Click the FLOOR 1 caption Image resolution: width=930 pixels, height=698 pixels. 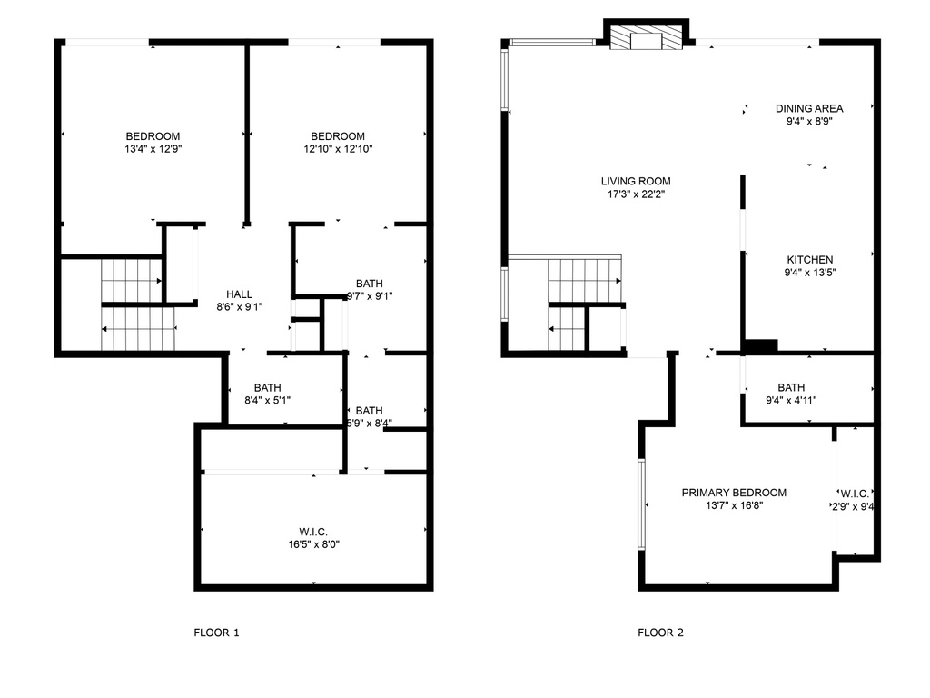tap(216, 633)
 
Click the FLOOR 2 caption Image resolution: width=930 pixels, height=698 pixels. tap(660, 633)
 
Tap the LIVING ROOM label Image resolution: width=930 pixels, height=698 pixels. tap(635, 181)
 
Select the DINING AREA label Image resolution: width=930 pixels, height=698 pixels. tap(808, 108)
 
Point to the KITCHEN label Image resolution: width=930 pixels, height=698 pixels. tap(809, 260)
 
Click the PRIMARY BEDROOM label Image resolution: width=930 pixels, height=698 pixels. tap(734, 493)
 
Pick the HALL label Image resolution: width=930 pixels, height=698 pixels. tap(239, 294)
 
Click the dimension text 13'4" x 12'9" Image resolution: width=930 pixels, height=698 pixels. tap(153, 148)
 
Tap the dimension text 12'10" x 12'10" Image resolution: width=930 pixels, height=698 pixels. tap(338, 148)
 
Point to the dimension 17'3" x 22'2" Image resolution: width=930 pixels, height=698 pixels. tap(635, 194)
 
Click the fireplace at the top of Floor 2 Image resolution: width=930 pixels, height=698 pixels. tap(646, 38)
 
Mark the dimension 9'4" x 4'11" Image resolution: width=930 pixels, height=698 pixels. tap(791, 399)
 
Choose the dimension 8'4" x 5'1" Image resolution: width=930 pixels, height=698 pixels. tap(267, 399)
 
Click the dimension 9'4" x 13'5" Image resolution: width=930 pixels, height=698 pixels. tap(809, 272)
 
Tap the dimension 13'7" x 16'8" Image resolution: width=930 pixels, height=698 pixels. tap(734, 505)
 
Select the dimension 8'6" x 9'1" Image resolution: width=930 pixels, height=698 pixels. tap(239, 306)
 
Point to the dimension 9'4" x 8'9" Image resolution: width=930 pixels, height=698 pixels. tap(808, 120)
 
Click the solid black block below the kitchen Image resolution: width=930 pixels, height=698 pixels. tap(760, 346)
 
